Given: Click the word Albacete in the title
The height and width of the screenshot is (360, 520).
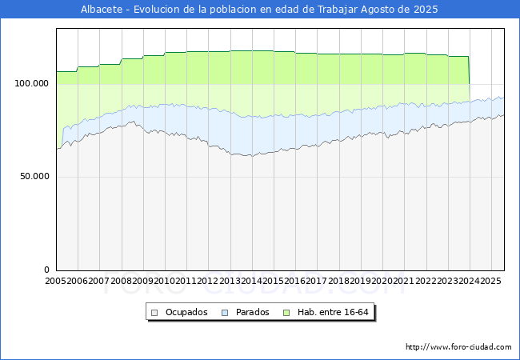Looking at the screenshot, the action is pyautogui.click(x=102, y=10).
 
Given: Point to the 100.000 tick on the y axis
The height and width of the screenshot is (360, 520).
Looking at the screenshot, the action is pyautogui.click(x=31, y=83).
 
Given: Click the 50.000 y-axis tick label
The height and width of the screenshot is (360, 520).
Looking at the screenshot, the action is pyautogui.click(x=34, y=176).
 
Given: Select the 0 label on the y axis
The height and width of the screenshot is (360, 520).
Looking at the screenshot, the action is pyautogui.click(x=46, y=270).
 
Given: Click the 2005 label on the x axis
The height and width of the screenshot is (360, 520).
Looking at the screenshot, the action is pyautogui.click(x=56, y=281).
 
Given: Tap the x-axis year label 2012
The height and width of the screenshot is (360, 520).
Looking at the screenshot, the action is pyautogui.click(x=208, y=281).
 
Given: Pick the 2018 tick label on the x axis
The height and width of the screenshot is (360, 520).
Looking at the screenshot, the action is pyautogui.click(x=338, y=281).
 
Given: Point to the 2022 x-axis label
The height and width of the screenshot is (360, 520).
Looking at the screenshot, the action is pyautogui.click(x=426, y=281).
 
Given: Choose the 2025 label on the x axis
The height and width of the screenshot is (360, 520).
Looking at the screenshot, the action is pyautogui.click(x=491, y=281).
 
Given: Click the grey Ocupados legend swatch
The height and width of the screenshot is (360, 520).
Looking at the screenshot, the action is pyautogui.click(x=154, y=313).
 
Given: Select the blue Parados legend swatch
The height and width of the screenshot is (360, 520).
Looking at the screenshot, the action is pyautogui.click(x=225, y=313).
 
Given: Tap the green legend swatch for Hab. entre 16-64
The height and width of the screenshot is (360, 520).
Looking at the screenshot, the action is pyautogui.click(x=286, y=313).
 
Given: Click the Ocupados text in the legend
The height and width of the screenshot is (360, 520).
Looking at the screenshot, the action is pyautogui.click(x=186, y=312).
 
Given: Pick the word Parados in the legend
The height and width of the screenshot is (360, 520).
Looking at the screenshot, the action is pyautogui.click(x=252, y=312).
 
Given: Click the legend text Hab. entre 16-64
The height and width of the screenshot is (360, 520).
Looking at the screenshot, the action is pyautogui.click(x=333, y=312).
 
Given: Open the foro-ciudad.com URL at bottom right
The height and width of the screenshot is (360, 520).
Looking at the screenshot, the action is pyautogui.click(x=458, y=347).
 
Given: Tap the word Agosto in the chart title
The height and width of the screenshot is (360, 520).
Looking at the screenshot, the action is pyautogui.click(x=379, y=10).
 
